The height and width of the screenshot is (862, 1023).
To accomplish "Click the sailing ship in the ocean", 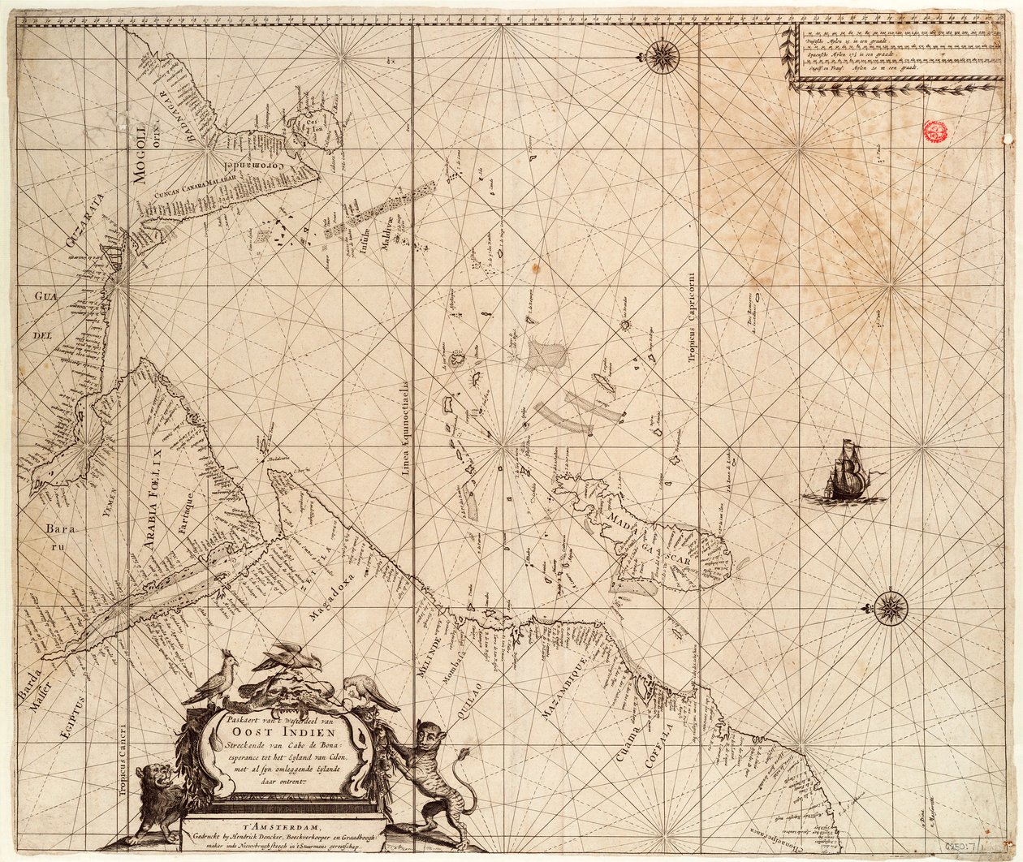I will tap(844, 473).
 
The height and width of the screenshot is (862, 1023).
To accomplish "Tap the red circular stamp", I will tap(936, 132).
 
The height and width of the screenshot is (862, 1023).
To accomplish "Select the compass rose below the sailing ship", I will tap(891, 606).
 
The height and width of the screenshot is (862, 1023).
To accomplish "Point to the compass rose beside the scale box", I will tap(663, 55).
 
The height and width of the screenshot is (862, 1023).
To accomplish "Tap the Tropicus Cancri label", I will tap(124, 746).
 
